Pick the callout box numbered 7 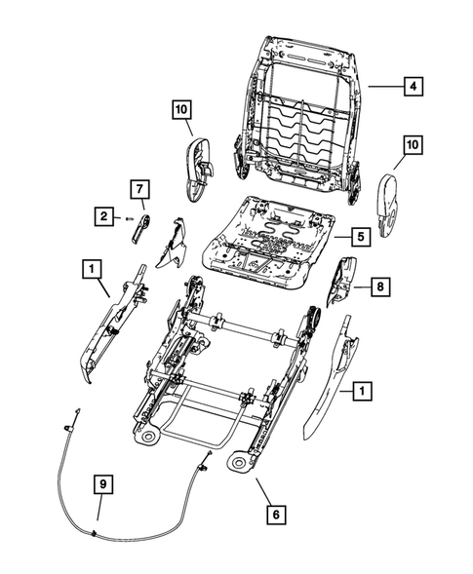pyautogui.click(x=138, y=187)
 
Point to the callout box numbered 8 pyautogui.click(x=381, y=287)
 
